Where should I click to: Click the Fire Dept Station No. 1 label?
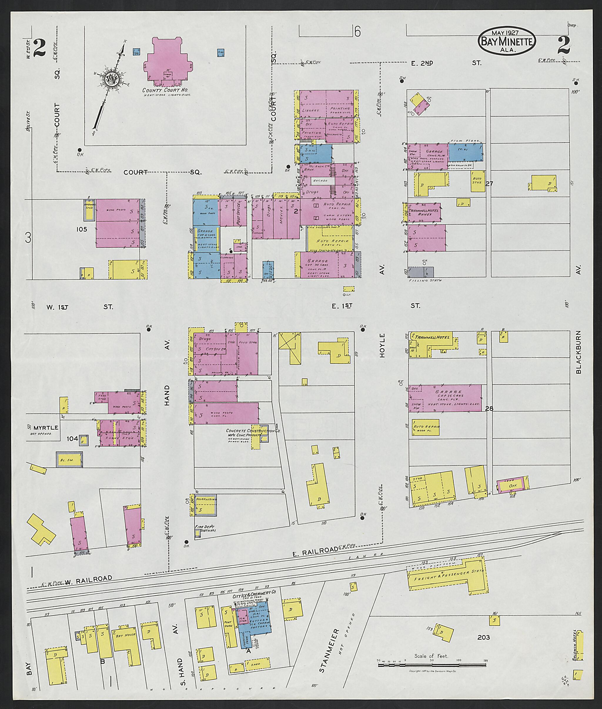pyautogui.click(x=206, y=529)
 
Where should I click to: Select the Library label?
pyautogui.click(x=311, y=110)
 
